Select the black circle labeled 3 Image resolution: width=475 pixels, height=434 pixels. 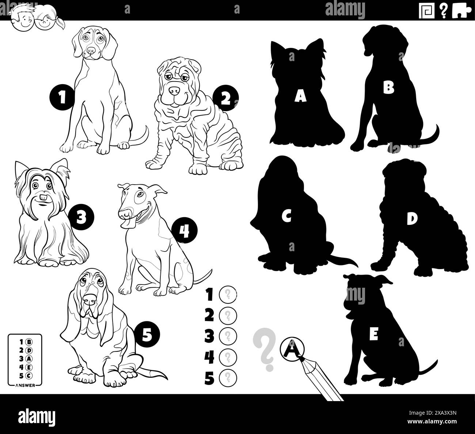pos(81,218)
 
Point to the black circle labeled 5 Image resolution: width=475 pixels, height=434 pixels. pos(147,335)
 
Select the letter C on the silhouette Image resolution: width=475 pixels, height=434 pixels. pos(286,216)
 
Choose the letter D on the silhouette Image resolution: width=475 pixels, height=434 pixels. pos(412,218)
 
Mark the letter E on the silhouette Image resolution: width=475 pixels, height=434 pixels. pos(373,334)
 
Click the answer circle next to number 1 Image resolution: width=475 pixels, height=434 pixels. pos(228,294)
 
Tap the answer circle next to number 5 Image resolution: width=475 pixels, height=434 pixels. pos(228,377)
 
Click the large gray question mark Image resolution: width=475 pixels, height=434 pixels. pos(264,349)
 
